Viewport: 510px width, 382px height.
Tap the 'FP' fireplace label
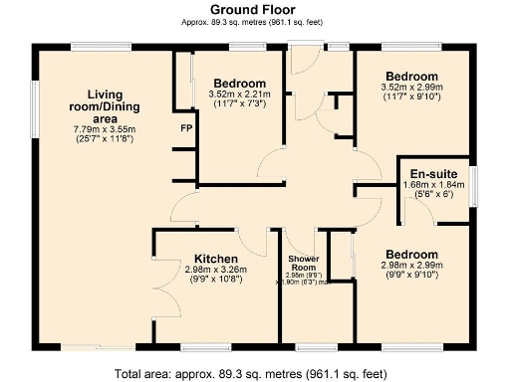pos(186,129)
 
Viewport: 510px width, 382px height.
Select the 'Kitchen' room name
pos(215,256)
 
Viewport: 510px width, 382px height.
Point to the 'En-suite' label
pos(433,171)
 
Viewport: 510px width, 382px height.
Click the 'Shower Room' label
pos(303,264)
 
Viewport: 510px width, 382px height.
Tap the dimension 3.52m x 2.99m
pos(412,89)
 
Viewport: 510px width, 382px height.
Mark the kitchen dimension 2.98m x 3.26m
pos(215,268)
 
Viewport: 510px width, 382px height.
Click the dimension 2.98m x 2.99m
pos(412,266)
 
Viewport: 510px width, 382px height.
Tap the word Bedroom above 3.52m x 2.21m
pos(239,83)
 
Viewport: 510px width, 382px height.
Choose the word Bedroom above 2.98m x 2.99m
pos(412,254)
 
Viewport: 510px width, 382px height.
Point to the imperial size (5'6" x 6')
pos(433,194)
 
